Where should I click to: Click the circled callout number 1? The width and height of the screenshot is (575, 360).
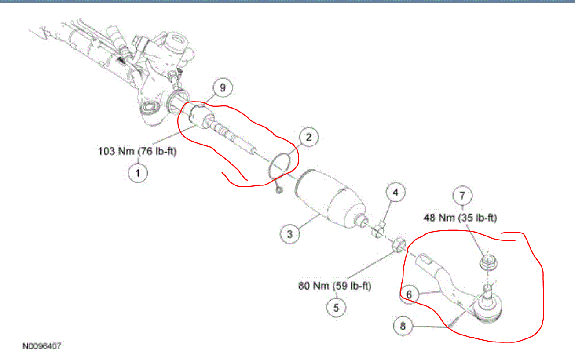(138, 173)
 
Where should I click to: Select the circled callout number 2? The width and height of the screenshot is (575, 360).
(308, 137)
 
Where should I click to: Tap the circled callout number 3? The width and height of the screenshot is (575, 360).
(289, 234)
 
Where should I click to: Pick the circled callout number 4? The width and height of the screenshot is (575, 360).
(395, 192)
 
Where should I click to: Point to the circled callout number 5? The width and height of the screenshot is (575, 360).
(336, 307)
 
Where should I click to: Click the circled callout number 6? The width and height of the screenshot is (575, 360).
(409, 295)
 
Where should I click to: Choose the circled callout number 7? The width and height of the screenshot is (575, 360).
(462, 194)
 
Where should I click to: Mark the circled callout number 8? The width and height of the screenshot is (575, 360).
(403, 326)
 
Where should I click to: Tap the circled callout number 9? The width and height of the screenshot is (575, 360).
(223, 88)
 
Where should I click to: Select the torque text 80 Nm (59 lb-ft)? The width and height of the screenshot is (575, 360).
(335, 286)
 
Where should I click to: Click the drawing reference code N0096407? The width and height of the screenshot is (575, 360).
(42, 346)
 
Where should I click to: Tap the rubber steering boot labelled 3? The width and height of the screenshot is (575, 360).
(330, 198)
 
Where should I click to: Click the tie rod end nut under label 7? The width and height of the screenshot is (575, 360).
(486, 263)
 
